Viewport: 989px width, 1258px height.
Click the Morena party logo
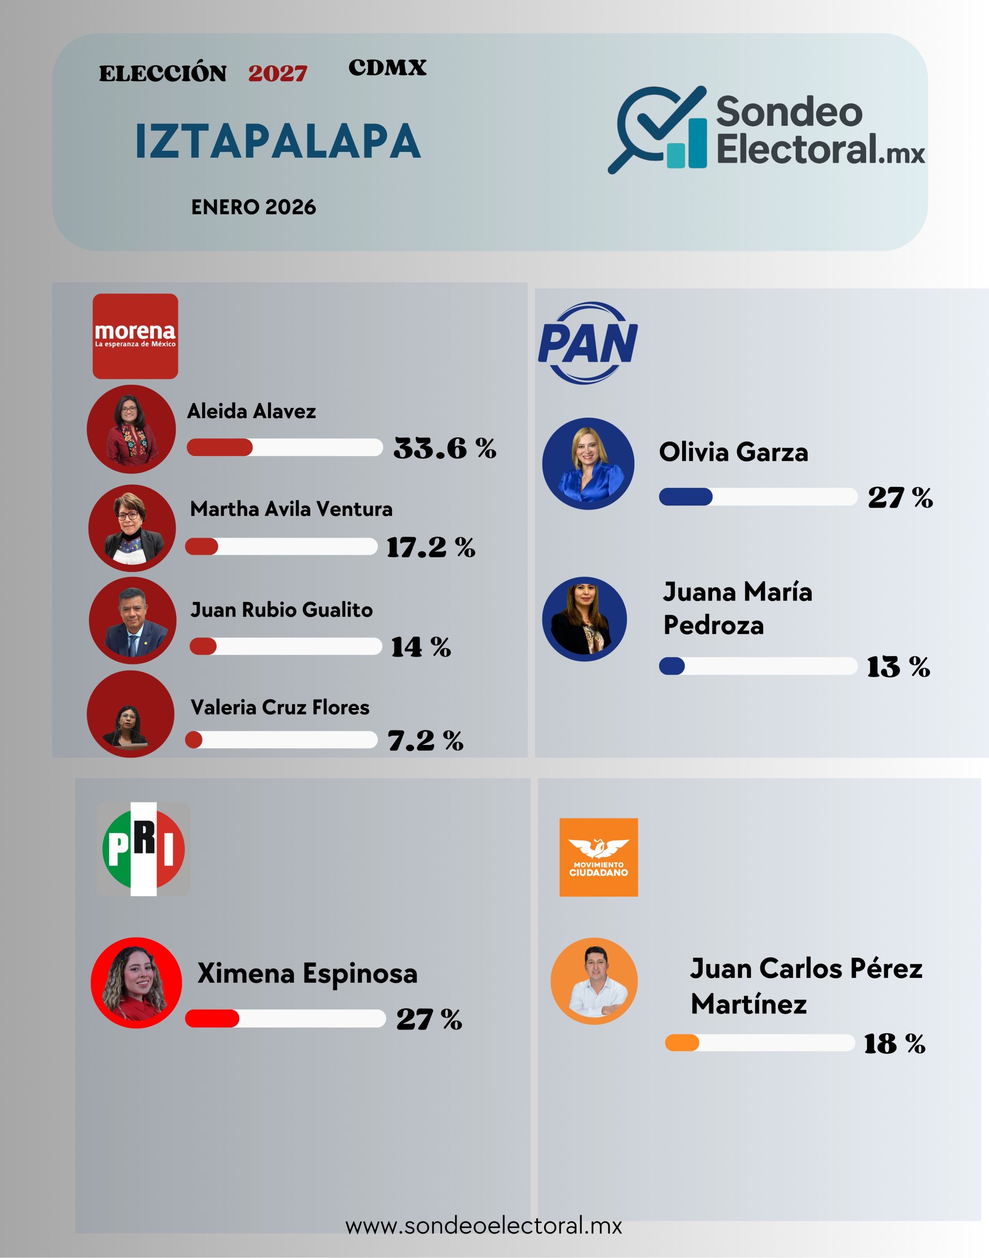135,336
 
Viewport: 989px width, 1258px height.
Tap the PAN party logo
587,343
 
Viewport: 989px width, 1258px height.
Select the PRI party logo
143,849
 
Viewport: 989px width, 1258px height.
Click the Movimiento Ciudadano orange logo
598,857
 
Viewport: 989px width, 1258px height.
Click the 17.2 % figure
430,547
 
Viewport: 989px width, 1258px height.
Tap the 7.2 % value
425,741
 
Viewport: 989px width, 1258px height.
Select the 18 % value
894,1043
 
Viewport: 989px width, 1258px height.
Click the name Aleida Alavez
251,411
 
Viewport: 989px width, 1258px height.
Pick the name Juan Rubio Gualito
281,610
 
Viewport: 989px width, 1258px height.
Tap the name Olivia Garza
733,452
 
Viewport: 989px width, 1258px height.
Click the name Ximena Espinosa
307,973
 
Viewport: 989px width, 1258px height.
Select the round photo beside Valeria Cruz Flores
131,714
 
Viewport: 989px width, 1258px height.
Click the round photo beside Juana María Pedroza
584,619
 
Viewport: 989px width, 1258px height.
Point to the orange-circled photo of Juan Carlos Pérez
594,981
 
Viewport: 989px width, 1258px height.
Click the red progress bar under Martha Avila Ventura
281,547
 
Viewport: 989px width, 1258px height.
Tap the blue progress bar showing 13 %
757,666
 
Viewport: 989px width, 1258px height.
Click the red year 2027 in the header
277,74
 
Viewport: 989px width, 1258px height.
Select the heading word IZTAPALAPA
278,141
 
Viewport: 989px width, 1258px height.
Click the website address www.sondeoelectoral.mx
483,1226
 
